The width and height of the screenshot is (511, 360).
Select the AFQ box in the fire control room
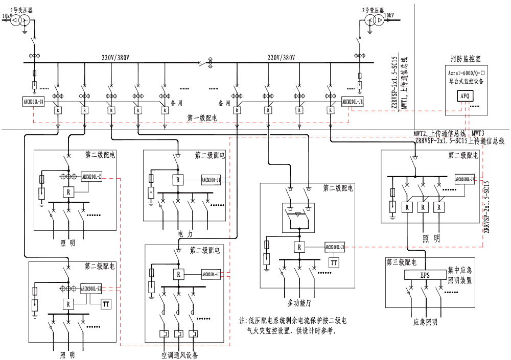(x=465, y=95)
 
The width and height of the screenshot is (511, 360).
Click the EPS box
(x=425, y=275)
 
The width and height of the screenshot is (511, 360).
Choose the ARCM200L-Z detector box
(x=92, y=177)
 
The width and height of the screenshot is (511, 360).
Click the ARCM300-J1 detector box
(x=211, y=180)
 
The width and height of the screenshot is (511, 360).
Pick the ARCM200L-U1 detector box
(x=211, y=274)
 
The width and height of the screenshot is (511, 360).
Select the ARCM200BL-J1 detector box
(x=335, y=247)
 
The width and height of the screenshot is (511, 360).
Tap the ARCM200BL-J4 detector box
(x=465, y=179)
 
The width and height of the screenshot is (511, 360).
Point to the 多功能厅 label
(x=298, y=304)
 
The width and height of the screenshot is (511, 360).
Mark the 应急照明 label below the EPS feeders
(x=425, y=322)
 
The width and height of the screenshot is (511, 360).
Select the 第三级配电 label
(x=401, y=262)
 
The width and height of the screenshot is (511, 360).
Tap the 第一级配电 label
(x=202, y=118)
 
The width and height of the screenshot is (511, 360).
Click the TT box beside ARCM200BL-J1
(x=334, y=262)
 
